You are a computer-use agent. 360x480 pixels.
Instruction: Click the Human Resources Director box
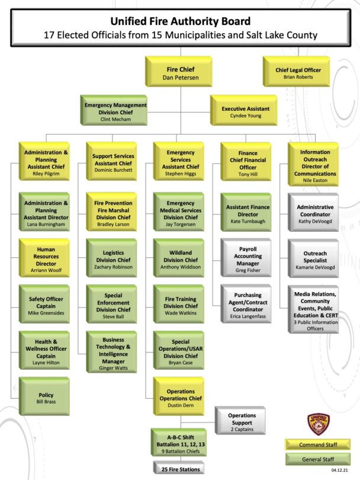coord(44,258)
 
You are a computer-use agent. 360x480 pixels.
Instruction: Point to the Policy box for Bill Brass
coord(44,396)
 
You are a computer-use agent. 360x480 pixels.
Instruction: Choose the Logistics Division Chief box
coord(112,258)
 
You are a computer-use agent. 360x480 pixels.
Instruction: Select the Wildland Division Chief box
coord(179,258)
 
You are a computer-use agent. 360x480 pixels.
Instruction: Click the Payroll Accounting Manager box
coord(246,258)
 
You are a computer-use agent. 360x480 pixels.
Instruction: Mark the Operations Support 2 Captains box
coord(240,421)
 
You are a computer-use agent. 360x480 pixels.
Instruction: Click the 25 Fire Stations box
coord(179,468)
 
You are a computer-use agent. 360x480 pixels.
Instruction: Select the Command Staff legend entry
coord(318,444)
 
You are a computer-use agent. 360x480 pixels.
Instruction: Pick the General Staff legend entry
coord(318,459)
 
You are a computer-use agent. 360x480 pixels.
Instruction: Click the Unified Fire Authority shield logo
coord(319,424)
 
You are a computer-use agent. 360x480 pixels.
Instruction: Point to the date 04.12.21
coord(339,470)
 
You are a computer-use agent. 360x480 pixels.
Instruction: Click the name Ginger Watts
coord(113,368)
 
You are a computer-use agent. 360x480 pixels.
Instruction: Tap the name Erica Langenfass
coord(247,316)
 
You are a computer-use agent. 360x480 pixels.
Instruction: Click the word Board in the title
coord(237,21)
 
